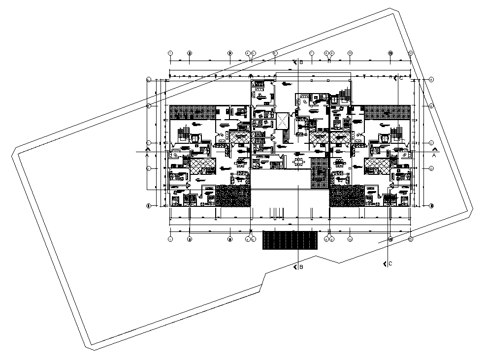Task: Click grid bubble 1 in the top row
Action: click(x=170, y=53)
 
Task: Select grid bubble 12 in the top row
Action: click(x=410, y=53)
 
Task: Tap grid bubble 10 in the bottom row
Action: click(x=350, y=240)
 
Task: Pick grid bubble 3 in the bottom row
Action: click(x=229, y=240)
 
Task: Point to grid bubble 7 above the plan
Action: click(x=312, y=53)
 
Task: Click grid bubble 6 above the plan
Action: click(x=275, y=53)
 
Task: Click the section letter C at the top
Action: click(x=401, y=78)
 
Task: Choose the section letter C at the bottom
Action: click(x=390, y=264)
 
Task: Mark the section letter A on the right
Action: click(x=434, y=155)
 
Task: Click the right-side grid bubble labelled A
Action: click(x=431, y=79)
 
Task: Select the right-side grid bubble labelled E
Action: click(x=431, y=205)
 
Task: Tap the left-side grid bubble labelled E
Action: click(x=148, y=205)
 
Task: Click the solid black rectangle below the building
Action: click(x=290, y=240)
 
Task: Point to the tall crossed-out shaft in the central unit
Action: click(x=282, y=121)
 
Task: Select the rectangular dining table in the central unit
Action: click(x=298, y=161)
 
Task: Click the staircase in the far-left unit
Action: click(x=183, y=132)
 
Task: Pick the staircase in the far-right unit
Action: click(x=397, y=132)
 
